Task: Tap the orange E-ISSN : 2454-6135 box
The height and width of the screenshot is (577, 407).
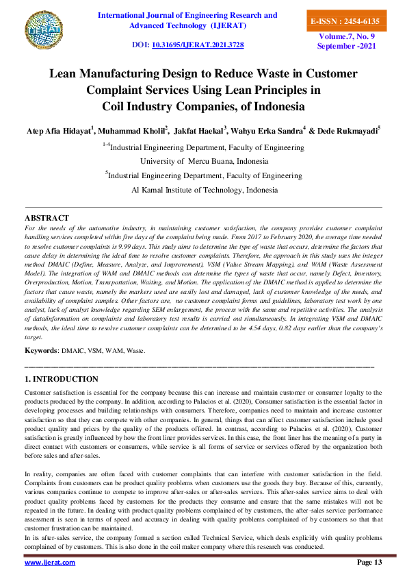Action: coord(344,22)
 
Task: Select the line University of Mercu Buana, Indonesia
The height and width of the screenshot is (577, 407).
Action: coord(203,161)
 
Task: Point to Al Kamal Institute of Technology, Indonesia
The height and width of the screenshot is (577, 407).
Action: coord(203,190)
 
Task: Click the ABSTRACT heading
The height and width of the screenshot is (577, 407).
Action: coord(47,218)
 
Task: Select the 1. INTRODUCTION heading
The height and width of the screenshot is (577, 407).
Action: coord(62,379)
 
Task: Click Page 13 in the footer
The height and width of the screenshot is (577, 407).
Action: coord(369,562)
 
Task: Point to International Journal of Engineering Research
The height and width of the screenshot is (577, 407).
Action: coord(188,15)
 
